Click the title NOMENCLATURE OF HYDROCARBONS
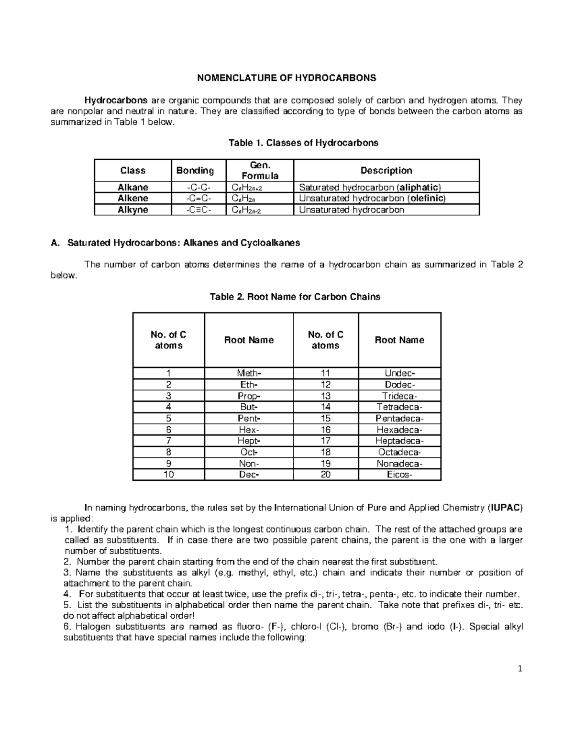point(287,78)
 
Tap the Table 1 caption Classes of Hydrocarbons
point(303,143)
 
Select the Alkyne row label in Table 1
point(132,210)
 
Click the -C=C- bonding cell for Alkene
point(198,198)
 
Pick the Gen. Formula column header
point(260,170)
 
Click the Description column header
point(386,170)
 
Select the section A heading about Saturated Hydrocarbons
point(175,243)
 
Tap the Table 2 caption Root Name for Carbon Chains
point(295,297)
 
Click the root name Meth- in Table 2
point(249,373)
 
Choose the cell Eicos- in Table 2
point(399,475)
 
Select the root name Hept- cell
point(249,441)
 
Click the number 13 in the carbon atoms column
point(325,396)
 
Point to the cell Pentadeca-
point(399,418)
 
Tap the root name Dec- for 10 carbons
point(249,475)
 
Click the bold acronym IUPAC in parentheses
point(506,508)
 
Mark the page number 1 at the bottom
point(519,669)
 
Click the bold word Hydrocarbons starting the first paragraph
point(116,100)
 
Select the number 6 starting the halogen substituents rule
point(66,627)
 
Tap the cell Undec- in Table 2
point(399,373)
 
